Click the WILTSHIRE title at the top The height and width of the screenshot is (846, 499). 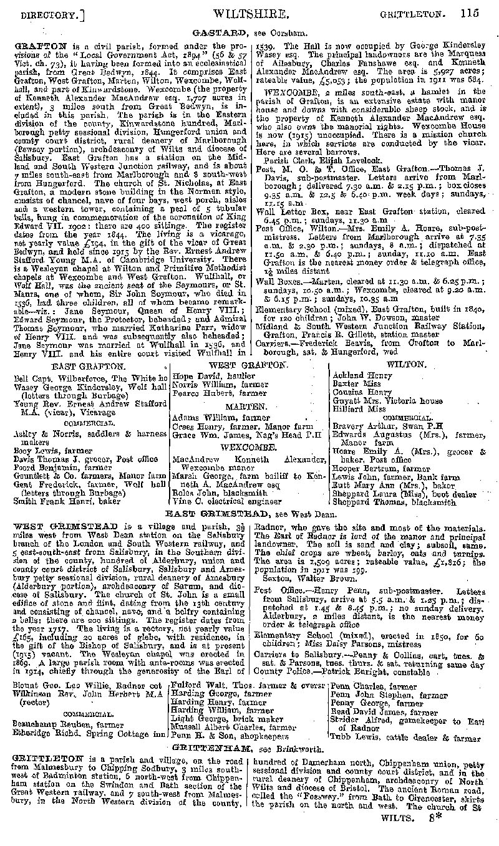[x=251, y=12]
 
